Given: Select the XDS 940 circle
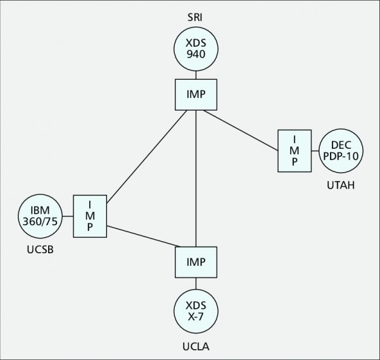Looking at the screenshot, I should (x=196, y=50).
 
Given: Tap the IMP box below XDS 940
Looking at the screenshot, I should (x=196, y=94).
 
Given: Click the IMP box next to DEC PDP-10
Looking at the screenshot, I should (x=294, y=151).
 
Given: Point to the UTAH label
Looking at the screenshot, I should (x=341, y=186).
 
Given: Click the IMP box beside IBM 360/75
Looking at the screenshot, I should (x=89, y=215).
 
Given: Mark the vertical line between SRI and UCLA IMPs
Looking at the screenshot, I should (x=196, y=177).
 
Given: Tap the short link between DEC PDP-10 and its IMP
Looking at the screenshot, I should (x=315, y=151).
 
